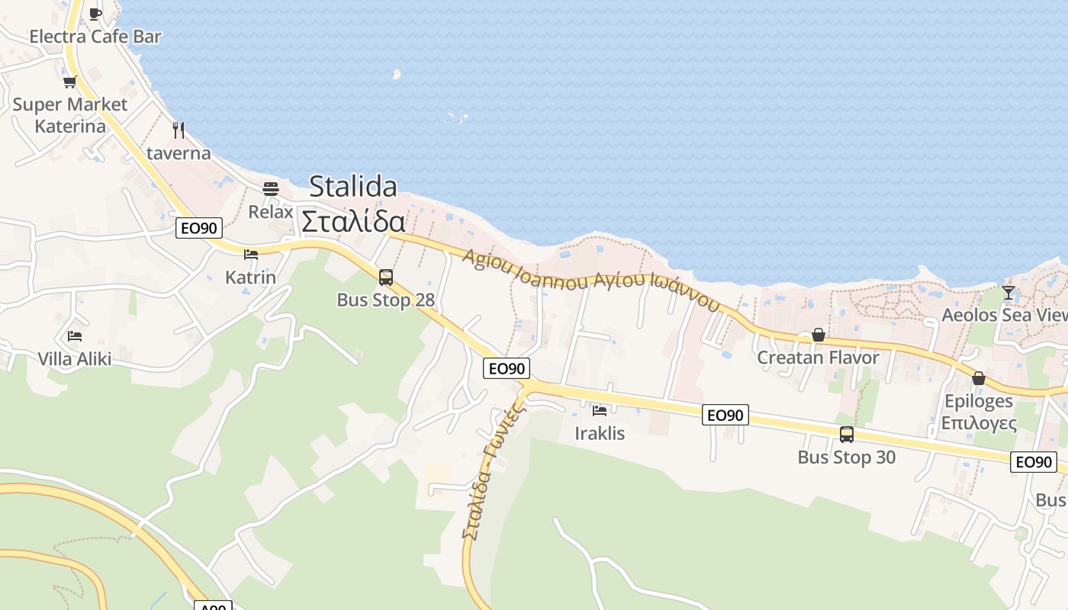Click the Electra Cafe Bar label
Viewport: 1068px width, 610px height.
[x=95, y=36]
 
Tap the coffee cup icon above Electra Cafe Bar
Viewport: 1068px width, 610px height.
[x=95, y=14]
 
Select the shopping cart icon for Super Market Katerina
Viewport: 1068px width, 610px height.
[x=70, y=82]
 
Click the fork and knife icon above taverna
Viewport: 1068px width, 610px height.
[x=179, y=130]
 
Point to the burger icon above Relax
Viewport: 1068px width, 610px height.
[x=271, y=188]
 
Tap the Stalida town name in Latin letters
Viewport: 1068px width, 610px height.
[x=353, y=187]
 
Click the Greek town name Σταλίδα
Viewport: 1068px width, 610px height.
[x=353, y=222]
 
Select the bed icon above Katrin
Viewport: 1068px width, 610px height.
[x=251, y=255]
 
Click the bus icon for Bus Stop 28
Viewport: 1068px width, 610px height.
[x=386, y=277]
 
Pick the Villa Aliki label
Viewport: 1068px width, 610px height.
[x=75, y=358]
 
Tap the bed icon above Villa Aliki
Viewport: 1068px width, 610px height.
[x=75, y=335]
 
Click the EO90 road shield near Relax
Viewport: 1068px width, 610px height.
[x=199, y=227]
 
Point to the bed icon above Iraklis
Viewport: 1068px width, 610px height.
[x=600, y=411]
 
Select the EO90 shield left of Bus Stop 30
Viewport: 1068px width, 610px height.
[x=725, y=415]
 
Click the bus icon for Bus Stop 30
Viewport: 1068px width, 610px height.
[x=847, y=435]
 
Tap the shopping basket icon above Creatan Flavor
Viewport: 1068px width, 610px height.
[x=819, y=335]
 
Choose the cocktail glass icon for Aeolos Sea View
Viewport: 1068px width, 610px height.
[x=1008, y=292]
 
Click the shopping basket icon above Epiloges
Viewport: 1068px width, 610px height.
[x=979, y=378]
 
